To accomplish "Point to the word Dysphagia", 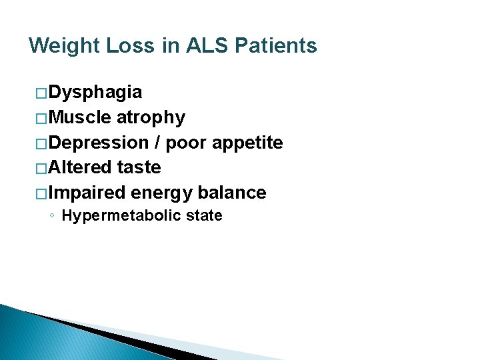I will coord(95,92).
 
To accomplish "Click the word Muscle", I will coord(80,117).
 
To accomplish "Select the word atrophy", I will coord(151,117).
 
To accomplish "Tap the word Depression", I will coord(99,143).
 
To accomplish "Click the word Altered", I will coord(80,167).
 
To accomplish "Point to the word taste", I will coord(139,167).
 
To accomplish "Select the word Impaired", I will coord(87,193).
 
